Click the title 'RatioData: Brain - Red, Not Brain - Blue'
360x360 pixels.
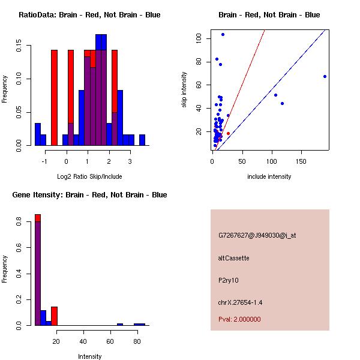[89, 14]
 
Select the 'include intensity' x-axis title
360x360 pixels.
[269, 176]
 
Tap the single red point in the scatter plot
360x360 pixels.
[228, 133]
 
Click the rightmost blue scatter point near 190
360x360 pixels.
[325, 76]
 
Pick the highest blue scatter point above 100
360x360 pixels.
[223, 34]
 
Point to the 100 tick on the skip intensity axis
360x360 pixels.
[199, 38]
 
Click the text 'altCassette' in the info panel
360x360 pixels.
[234, 258]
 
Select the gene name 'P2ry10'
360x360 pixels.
[229, 280]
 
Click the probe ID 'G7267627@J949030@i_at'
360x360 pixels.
[257, 235]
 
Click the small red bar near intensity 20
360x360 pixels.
[54, 316]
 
